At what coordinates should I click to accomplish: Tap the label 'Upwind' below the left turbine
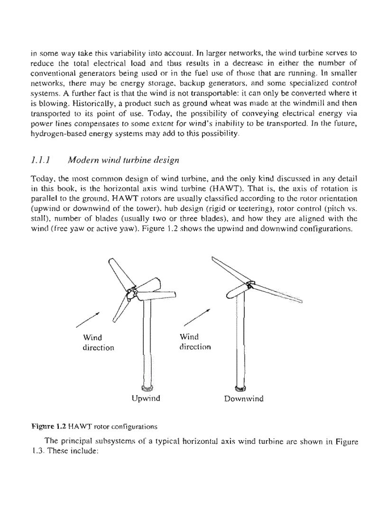pyautogui.click(x=146, y=398)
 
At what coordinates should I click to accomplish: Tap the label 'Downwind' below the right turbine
pyautogui.click(x=243, y=398)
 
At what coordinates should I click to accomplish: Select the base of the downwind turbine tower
pyautogui.click(x=240, y=388)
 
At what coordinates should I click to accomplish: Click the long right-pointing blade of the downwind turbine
pyautogui.click(x=278, y=293)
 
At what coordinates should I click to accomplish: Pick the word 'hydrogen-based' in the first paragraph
pyautogui.click(x=54, y=135)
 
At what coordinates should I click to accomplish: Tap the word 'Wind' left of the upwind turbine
pyautogui.click(x=92, y=337)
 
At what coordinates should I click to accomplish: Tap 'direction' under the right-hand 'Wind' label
pyautogui.click(x=195, y=347)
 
